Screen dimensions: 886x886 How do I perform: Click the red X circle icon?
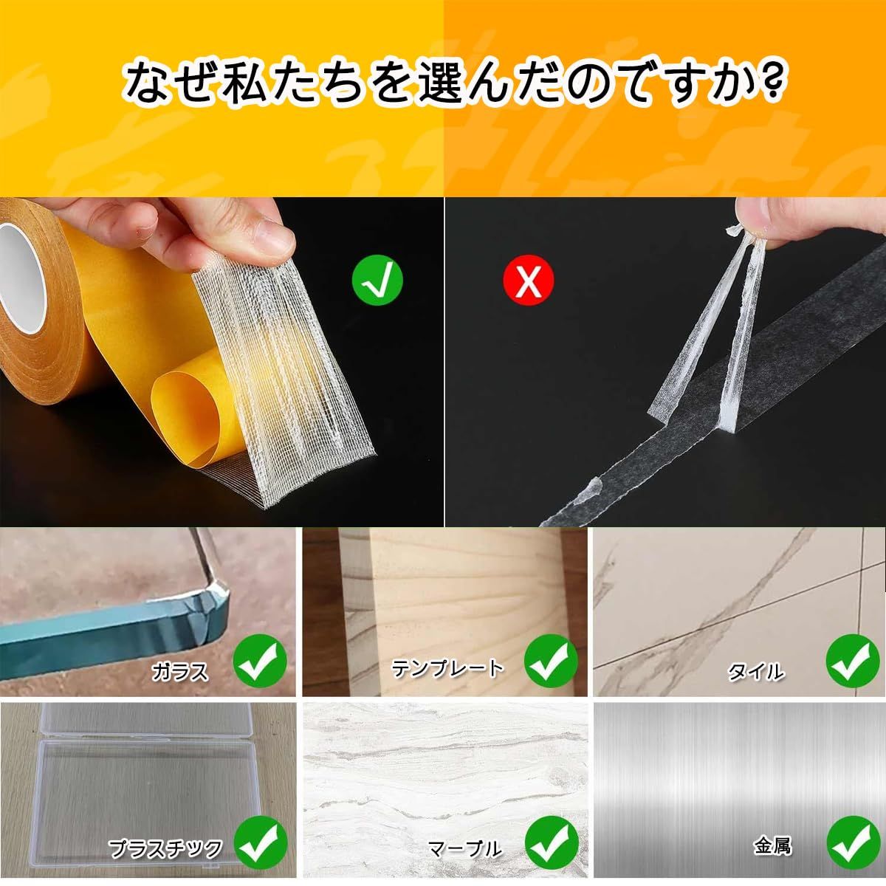(529, 280)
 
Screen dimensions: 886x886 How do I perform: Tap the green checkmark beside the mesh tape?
(377, 280)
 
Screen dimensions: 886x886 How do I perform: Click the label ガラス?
(179, 672)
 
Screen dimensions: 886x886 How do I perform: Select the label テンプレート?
(447, 668)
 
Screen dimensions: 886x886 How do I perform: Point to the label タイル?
(755, 672)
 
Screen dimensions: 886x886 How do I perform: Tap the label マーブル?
(464, 848)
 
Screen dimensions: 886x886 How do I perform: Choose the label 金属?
(772, 845)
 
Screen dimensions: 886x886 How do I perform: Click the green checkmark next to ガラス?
(260, 661)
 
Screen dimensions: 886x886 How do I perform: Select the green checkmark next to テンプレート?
(552, 661)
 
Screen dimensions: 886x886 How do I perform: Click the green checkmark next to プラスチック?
(260, 842)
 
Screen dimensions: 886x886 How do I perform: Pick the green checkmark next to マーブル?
(552, 842)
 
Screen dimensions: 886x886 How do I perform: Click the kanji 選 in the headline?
(441, 83)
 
